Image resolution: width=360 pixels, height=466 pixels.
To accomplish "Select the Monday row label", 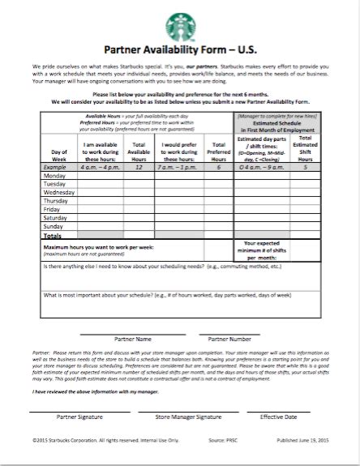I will [54, 175].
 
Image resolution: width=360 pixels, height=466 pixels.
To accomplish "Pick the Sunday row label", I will [54, 227].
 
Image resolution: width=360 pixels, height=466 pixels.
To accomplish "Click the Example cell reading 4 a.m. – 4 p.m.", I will [101, 166].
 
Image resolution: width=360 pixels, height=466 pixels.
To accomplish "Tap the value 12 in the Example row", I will [139, 166].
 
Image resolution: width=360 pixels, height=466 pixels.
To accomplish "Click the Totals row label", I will [54, 236].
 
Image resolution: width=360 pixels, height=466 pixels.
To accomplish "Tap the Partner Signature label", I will [79, 416].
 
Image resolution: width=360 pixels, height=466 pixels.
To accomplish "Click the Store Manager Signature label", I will [187, 416].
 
